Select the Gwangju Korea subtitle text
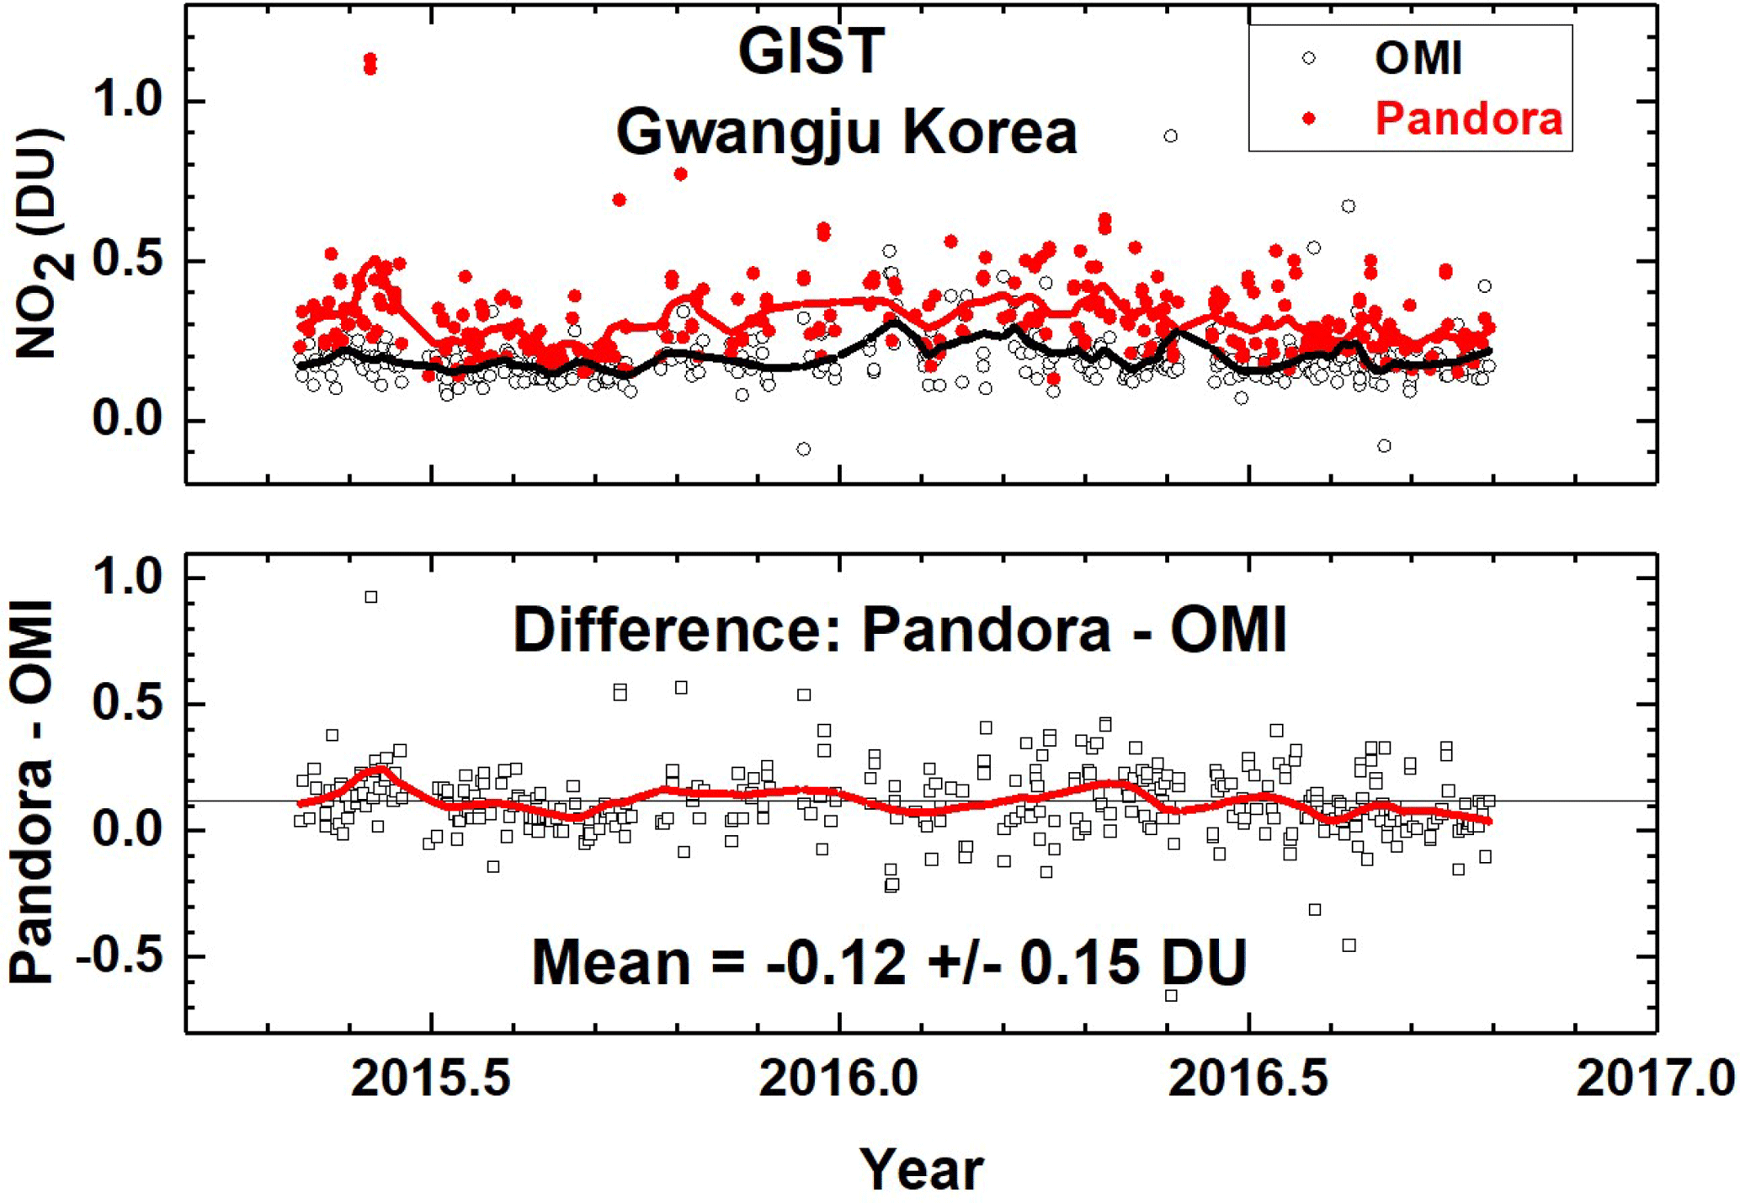coord(846,132)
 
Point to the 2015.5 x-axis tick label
coord(431,1078)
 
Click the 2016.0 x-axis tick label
coord(838,1078)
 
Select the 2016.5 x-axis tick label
coord(1248,1078)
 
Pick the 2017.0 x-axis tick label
coord(1655,1078)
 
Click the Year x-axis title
coord(921,1168)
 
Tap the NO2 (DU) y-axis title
coord(42,244)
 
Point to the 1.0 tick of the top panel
coord(126,102)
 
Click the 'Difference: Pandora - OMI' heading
coord(900,629)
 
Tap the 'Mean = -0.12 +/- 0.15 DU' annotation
coord(889,962)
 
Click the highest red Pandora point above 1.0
coord(370,60)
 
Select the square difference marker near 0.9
coord(370,597)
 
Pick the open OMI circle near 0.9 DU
coord(1170,136)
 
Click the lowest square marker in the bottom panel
coord(1170,995)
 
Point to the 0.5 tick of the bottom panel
coord(126,704)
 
